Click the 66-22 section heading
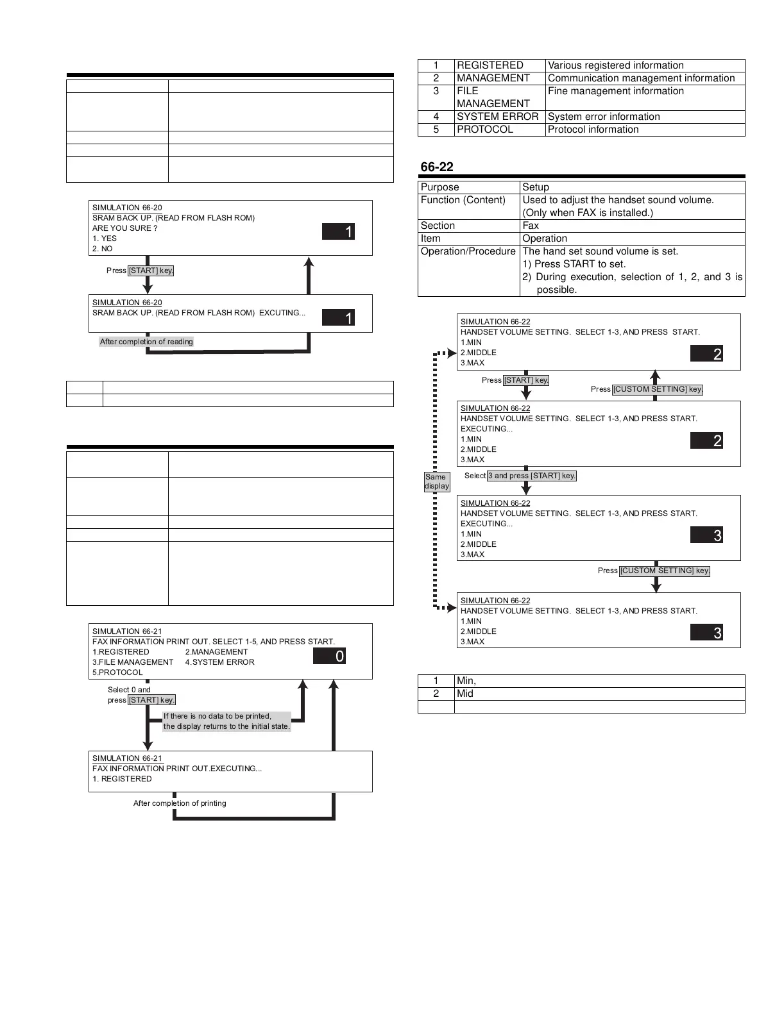click(437, 167)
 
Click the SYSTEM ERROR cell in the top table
click(497, 117)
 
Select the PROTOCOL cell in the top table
click(485, 129)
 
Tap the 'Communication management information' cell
click(641, 78)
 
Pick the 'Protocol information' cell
click(593, 129)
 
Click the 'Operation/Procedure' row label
click(468, 251)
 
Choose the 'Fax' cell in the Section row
click(531, 226)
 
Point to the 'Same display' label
click(436, 481)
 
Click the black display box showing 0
click(329, 656)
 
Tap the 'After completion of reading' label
click(146, 342)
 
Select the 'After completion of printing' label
click(180, 803)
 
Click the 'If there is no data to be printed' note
click(226, 721)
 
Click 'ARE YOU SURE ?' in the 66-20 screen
click(124, 228)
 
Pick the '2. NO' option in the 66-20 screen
click(103, 249)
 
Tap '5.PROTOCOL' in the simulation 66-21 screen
click(117, 672)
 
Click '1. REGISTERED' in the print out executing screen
click(122, 779)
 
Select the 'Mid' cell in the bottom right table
click(465, 694)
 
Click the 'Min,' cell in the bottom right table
click(466, 681)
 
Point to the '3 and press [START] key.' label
click(531, 476)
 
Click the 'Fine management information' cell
click(615, 91)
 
